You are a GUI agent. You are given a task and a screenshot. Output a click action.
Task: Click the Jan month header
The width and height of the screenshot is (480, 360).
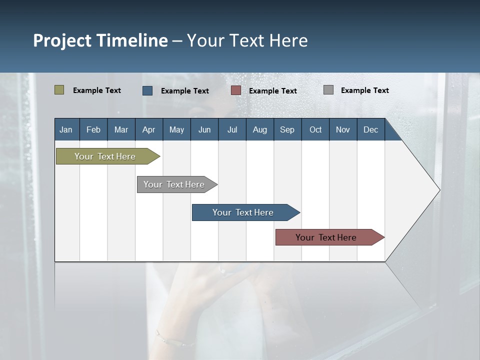click(66, 129)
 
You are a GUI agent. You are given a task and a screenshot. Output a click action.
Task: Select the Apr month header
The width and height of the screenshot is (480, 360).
click(148, 129)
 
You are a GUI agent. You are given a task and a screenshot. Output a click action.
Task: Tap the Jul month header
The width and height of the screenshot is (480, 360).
click(232, 129)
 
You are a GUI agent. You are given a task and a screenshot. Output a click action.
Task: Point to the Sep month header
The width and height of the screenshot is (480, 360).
click(287, 129)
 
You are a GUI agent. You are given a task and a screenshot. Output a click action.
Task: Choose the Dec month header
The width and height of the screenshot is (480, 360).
click(370, 129)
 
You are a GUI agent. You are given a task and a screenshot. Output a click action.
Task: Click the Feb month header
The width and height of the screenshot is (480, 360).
click(93, 129)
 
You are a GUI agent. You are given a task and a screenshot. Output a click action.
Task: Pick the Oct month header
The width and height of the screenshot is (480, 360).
click(315, 129)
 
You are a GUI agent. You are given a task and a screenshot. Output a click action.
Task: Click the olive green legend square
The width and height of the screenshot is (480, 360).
click(59, 90)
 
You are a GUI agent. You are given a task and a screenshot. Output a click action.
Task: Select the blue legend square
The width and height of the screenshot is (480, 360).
click(147, 90)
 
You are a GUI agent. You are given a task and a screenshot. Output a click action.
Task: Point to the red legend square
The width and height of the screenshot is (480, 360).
click(236, 90)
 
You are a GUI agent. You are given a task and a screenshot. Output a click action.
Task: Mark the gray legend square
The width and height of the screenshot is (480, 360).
click(328, 90)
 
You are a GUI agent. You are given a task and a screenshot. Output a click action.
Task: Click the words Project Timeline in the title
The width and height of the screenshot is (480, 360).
click(100, 40)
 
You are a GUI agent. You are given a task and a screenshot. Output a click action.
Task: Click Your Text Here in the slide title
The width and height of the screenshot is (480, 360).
click(247, 40)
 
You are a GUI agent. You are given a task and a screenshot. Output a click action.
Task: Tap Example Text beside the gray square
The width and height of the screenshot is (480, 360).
click(364, 90)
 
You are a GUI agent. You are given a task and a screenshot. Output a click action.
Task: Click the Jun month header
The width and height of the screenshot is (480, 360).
click(204, 129)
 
